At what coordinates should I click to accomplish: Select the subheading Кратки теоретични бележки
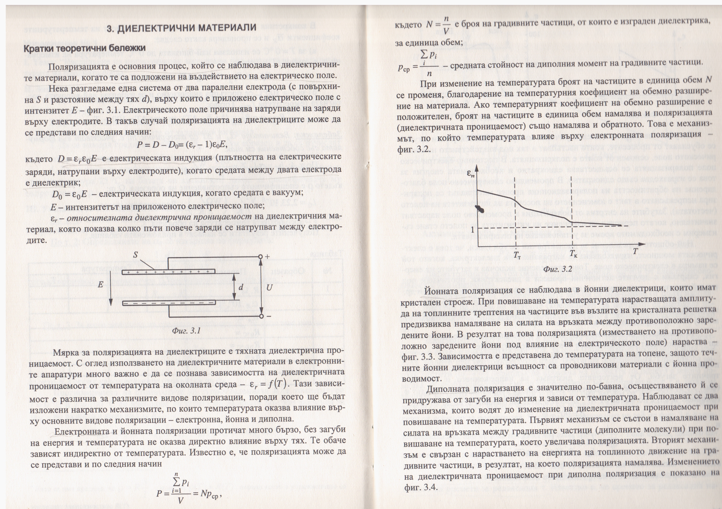[x=85, y=48]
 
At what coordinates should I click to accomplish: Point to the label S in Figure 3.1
[x=135, y=254]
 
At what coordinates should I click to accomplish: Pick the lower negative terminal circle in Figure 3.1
[x=260, y=316]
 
